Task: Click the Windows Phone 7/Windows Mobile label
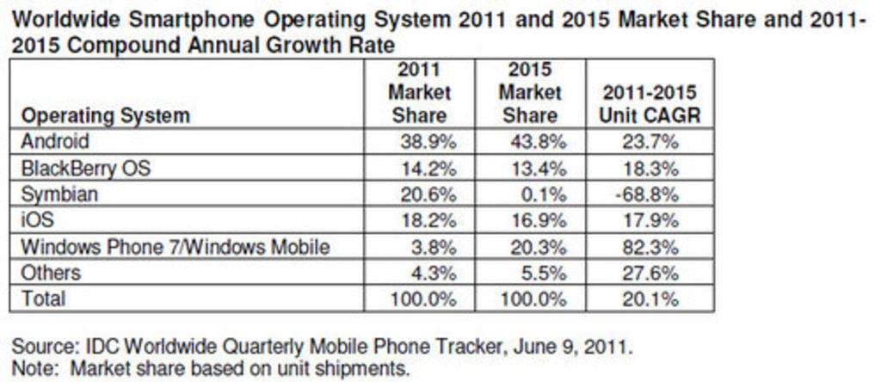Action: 175,247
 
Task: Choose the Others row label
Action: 51,274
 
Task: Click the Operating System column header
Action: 105,115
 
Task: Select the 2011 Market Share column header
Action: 419,93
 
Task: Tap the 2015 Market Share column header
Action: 529,93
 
